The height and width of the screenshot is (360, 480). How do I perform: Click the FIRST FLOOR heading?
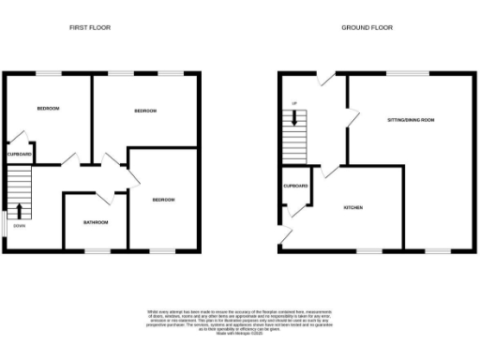90,27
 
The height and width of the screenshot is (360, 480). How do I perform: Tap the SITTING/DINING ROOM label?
412,120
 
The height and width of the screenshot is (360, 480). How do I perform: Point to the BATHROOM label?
96,222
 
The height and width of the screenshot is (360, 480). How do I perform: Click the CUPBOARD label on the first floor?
20,154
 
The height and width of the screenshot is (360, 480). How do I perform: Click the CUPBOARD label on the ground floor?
295,186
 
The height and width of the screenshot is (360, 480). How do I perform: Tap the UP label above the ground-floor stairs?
295,101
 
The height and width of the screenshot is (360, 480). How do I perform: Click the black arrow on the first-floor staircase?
20,210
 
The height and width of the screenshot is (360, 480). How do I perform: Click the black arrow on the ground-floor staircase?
295,118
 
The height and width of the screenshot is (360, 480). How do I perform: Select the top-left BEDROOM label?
48,110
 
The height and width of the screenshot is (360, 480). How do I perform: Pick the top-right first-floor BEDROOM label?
144,112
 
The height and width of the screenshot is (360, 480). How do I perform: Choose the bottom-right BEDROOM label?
163,200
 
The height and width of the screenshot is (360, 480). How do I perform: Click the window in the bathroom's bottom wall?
97,250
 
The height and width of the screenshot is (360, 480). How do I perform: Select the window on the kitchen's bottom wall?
368,250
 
